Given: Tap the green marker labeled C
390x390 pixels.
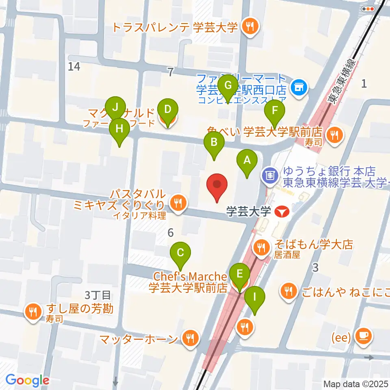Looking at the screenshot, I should (x=180, y=253).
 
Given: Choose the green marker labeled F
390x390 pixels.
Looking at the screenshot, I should (x=275, y=110).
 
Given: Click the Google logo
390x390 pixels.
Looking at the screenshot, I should (x=28, y=381).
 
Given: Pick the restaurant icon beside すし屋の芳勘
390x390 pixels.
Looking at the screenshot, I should (x=32, y=312).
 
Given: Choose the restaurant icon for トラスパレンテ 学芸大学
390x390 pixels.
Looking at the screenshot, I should (x=248, y=27).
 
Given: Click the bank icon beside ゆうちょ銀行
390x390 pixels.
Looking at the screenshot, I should (x=269, y=175).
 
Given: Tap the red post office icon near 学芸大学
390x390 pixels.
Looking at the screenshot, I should (x=280, y=211).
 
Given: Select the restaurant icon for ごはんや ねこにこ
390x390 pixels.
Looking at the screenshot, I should (x=289, y=290).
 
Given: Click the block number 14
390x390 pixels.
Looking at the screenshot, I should (x=74, y=67).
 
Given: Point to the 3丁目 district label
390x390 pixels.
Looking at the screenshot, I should (x=98, y=294).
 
